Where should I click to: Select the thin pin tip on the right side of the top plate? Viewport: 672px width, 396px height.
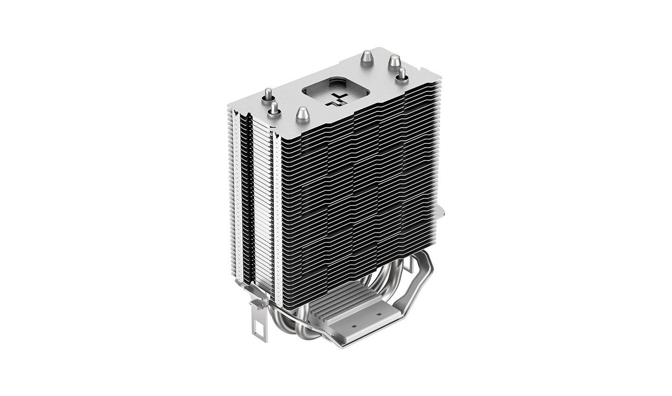pyautogui.click(x=401, y=75)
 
